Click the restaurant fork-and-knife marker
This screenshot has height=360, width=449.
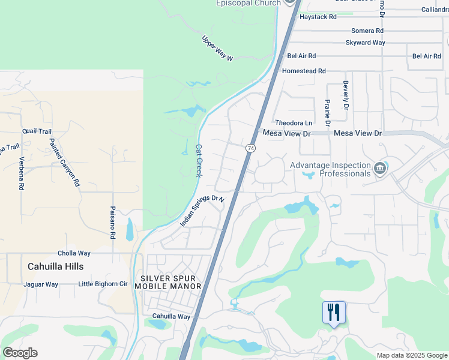(x=334, y=313)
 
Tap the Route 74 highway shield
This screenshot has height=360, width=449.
(x=250, y=148)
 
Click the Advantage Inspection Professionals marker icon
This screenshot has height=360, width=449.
(x=379, y=169)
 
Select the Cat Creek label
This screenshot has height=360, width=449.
(x=199, y=160)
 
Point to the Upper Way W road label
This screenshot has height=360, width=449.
(x=217, y=48)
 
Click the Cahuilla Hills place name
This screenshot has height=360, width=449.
(x=56, y=266)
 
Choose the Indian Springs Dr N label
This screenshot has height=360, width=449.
(x=202, y=211)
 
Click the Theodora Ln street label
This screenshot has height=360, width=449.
(x=294, y=122)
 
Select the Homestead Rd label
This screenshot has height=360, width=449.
(x=304, y=71)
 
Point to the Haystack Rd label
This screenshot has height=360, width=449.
(x=318, y=17)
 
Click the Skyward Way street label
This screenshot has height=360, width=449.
(x=365, y=43)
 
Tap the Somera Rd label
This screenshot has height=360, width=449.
(x=367, y=31)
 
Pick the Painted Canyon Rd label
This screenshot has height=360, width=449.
(x=64, y=163)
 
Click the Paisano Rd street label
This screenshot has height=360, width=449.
(x=112, y=223)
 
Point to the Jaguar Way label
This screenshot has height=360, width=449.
(x=41, y=284)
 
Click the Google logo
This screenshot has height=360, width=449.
(x=20, y=353)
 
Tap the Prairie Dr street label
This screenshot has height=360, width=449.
(x=328, y=112)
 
